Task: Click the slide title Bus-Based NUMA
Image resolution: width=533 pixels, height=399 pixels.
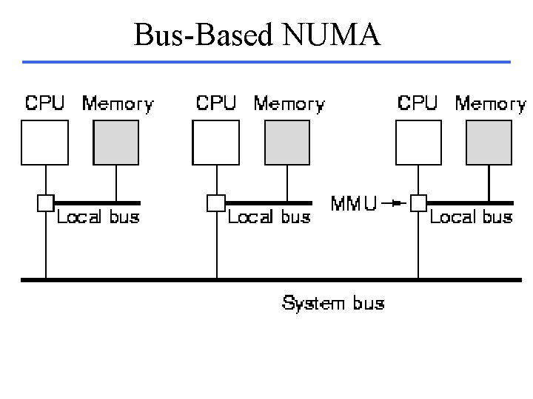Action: coord(257,35)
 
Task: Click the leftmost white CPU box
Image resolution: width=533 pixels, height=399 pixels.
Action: coord(44,141)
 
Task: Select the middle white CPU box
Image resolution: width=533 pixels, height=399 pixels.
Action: coord(215,141)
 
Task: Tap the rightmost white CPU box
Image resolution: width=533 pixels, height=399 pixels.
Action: coord(418,141)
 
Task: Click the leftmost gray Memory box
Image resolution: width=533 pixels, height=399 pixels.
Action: coord(115,141)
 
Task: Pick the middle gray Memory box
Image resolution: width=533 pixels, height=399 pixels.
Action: coord(286,141)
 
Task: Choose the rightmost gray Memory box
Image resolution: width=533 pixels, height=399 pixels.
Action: coord(489,141)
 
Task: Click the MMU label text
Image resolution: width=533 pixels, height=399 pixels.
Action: coord(353,202)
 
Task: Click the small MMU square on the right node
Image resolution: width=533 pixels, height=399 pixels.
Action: coord(419,202)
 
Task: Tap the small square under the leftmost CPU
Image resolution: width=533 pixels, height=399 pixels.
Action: coord(45,202)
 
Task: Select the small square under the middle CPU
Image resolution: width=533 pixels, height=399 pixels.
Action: coord(215,202)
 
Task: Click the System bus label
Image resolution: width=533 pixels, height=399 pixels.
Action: coord(333,303)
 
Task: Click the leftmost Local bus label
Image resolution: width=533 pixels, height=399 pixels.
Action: coord(98,217)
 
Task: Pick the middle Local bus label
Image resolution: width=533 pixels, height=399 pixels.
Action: coord(269,217)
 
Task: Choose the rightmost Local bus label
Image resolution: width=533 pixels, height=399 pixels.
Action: coord(471,217)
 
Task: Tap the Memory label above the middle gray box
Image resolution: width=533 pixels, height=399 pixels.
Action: coord(289,104)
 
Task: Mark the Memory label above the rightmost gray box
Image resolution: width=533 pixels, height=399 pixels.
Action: coord(490,104)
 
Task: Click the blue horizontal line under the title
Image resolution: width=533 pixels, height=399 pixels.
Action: coord(266,61)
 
